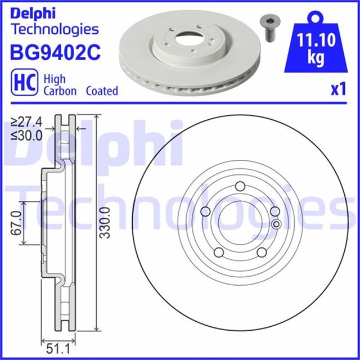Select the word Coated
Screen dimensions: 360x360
point(102,91)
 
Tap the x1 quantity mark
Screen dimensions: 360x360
point(337,90)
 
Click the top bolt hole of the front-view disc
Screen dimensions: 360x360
point(240,187)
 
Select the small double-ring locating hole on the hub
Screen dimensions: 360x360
point(276,224)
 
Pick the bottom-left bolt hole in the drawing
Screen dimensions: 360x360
point(219,251)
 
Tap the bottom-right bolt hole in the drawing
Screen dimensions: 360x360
point(262,251)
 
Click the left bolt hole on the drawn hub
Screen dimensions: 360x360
point(206,211)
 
